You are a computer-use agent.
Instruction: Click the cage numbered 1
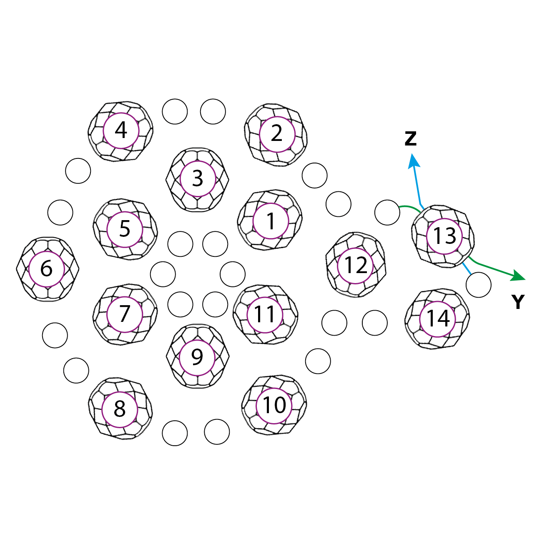tap(271, 221)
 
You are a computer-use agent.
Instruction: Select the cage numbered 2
tap(277, 134)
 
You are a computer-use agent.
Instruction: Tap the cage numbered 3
tap(198, 178)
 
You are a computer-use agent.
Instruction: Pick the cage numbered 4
tap(121, 131)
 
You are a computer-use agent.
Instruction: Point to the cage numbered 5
tap(125, 228)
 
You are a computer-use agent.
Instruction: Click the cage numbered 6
tap(47, 269)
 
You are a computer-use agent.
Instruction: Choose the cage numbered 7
tap(125, 314)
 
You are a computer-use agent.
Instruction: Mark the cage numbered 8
tap(120, 409)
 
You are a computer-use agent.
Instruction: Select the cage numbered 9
tap(197, 357)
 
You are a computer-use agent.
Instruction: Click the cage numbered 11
tap(265, 314)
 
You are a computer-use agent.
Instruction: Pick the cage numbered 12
tap(356, 265)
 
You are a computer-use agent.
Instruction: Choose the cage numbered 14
tap(438, 319)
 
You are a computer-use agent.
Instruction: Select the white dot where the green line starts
tap(387, 212)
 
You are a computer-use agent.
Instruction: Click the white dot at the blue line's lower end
tap(478, 285)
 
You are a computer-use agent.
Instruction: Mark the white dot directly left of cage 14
tap(375, 323)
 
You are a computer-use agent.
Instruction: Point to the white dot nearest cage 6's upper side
tap(60, 212)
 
